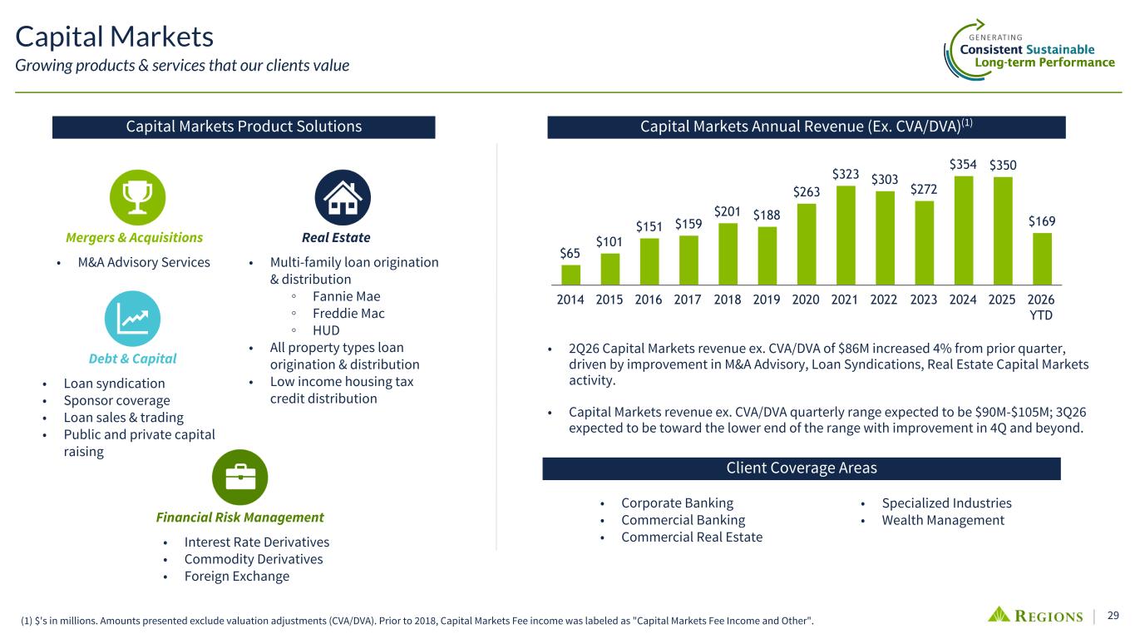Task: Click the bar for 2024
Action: click(963, 230)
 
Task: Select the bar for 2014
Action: click(570, 275)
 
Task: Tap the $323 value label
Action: click(845, 175)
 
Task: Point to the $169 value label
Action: click(1042, 221)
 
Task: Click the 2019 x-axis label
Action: click(766, 300)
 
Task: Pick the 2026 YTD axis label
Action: click(1041, 307)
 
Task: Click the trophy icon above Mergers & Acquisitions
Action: click(137, 197)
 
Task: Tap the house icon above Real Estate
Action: click(343, 197)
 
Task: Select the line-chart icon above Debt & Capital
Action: click(132, 319)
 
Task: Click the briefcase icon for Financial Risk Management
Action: click(239, 478)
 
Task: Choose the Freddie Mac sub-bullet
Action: click(348, 314)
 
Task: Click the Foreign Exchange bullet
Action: click(237, 576)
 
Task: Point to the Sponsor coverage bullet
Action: click(116, 401)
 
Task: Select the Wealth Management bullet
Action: click(943, 520)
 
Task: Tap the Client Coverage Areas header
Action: click(802, 468)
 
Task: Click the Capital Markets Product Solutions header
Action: click(244, 126)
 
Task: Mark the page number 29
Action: click(1113, 615)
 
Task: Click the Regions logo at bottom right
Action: click(1035, 615)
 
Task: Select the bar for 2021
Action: click(846, 235)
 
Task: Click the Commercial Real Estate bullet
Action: click(692, 537)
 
